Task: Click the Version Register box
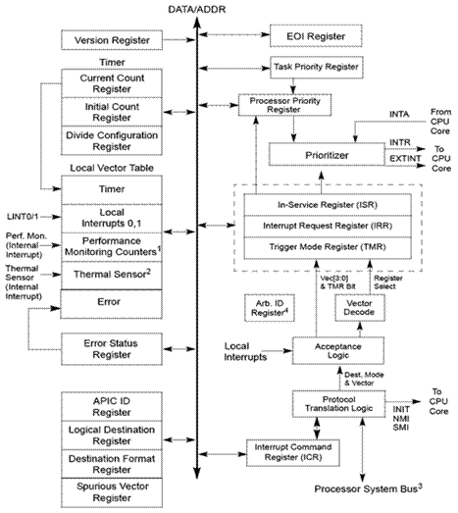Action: (112, 40)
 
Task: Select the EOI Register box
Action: (316, 36)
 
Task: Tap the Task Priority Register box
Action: (317, 67)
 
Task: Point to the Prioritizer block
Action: (327, 155)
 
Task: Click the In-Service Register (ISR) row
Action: (328, 205)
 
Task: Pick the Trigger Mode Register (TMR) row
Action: (328, 247)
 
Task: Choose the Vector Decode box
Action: (360, 308)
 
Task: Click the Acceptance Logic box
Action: (338, 351)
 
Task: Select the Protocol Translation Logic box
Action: (339, 404)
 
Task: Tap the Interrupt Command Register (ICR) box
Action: (293, 452)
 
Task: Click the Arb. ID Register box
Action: (270, 308)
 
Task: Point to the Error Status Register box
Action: (112, 349)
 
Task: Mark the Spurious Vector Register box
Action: (112, 492)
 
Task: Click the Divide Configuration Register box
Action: (112, 140)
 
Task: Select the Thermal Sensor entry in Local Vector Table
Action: (112, 276)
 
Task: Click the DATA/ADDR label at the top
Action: (197, 9)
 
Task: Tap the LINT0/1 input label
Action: (23, 217)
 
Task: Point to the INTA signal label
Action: (399, 114)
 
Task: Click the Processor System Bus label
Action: (369, 488)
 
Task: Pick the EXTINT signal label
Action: (405, 159)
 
